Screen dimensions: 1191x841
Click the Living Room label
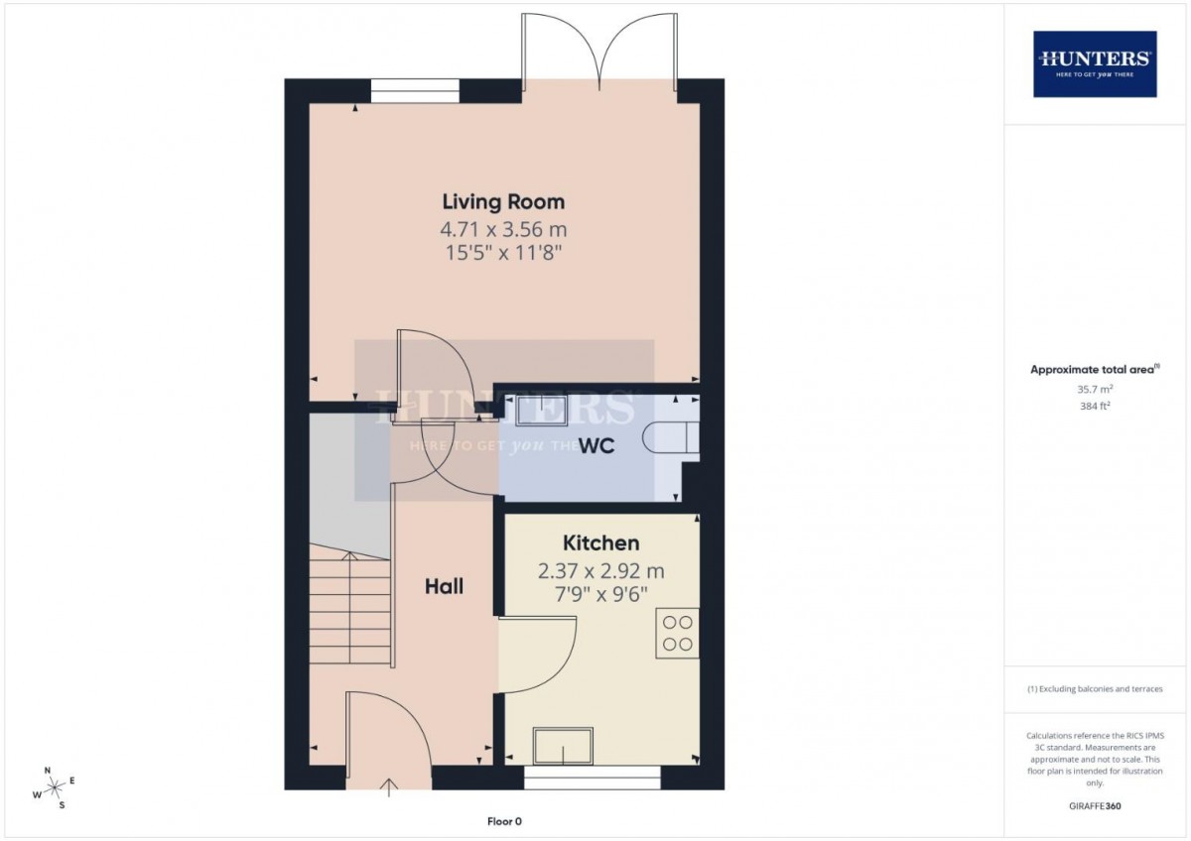click(503, 202)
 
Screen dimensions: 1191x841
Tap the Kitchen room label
click(600, 542)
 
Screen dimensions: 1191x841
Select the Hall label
click(444, 586)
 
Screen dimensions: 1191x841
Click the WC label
click(596, 446)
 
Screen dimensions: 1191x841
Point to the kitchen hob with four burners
click(677, 634)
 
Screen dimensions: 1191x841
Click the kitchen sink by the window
click(563, 746)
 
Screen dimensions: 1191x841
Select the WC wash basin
click(541, 411)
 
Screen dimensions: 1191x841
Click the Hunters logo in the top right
click(1095, 64)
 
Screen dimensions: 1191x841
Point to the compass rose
click(54, 786)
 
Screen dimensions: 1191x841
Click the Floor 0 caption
click(504, 821)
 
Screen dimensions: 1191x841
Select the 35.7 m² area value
click(1095, 389)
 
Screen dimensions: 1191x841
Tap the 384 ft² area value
click(1095, 406)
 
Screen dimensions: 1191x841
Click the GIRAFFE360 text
click(1095, 806)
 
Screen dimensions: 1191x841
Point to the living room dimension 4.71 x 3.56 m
click(503, 229)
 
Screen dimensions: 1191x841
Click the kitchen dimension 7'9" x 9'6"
click(600, 594)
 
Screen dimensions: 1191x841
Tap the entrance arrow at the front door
click(389, 787)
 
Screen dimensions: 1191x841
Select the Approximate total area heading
click(1095, 369)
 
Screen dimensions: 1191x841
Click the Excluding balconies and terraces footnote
click(1095, 689)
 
